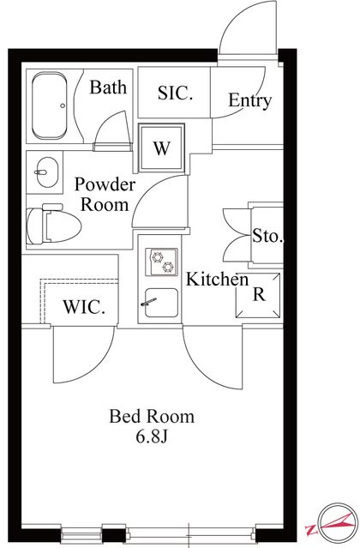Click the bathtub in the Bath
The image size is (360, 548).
(x=49, y=105)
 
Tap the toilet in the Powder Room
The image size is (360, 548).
(x=53, y=225)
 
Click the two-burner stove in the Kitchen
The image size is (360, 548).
(x=162, y=262)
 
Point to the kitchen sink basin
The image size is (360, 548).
(x=161, y=303)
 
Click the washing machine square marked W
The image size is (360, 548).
(x=161, y=148)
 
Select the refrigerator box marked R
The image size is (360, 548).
(x=258, y=295)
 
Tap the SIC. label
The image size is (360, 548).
(x=175, y=93)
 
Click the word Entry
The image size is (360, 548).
(x=249, y=100)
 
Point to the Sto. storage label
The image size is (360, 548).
(x=267, y=236)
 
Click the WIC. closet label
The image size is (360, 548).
(x=84, y=307)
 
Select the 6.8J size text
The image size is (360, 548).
(x=152, y=437)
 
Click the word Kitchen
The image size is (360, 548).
(x=217, y=279)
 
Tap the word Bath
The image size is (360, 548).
(x=108, y=87)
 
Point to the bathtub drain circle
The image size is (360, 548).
(x=63, y=105)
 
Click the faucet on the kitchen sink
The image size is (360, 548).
(x=149, y=302)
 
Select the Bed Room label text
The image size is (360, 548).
(x=152, y=416)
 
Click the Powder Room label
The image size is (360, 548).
(x=105, y=195)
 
